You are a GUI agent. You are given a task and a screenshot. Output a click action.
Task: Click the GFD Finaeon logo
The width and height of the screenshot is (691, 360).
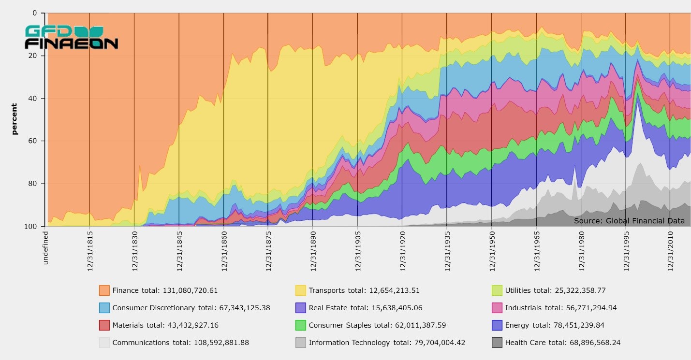(x=71, y=38)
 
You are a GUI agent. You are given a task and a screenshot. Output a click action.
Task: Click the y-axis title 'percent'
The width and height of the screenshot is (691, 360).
(x=14, y=119)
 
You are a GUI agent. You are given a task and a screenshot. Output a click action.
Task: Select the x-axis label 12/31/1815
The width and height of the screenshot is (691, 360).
(x=90, y=251)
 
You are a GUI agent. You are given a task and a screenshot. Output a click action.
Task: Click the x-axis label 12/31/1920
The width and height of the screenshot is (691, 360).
(x=402, y=251)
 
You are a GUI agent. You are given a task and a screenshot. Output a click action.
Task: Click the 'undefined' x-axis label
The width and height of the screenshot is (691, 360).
(x=46, y=247)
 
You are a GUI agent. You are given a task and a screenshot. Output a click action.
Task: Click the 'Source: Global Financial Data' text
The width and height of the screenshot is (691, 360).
(x=629, y=221)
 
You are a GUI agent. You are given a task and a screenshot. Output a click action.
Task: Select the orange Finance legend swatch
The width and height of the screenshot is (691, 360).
(x=104, y=290)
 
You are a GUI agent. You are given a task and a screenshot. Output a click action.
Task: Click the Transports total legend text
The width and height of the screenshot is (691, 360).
(x=364, y=290)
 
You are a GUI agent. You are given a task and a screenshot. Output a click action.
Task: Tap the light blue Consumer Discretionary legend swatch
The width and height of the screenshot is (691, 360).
(x=104, y=308)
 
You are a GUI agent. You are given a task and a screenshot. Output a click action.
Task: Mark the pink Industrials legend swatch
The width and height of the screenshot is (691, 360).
(x=497, y=308)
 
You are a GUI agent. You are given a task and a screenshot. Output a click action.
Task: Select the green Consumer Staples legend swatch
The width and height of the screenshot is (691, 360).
(x=301, y=325)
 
